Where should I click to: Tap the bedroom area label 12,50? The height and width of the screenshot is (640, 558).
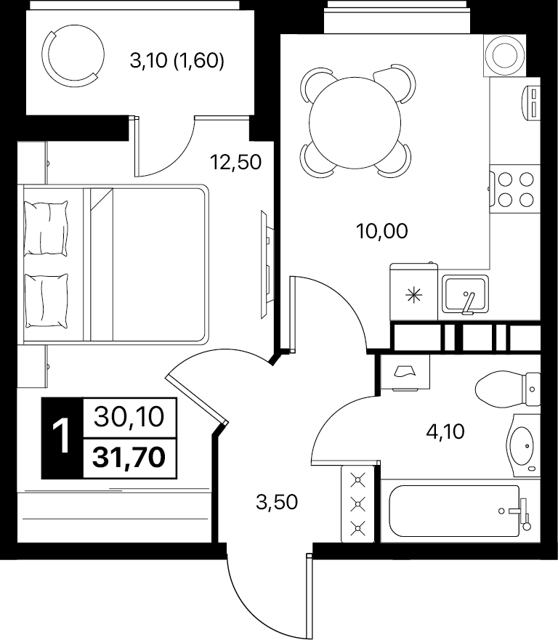pos(235,162)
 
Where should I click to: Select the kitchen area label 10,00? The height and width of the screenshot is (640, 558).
pos(381,232)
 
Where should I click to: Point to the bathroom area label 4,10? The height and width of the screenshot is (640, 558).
pos(444,432)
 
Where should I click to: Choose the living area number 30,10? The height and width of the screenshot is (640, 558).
pos(129,418)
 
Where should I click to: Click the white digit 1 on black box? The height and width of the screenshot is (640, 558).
pos(62,438)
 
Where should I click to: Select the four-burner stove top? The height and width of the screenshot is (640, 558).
pos(514,189)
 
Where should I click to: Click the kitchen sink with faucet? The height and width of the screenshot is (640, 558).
pos(465,296)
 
